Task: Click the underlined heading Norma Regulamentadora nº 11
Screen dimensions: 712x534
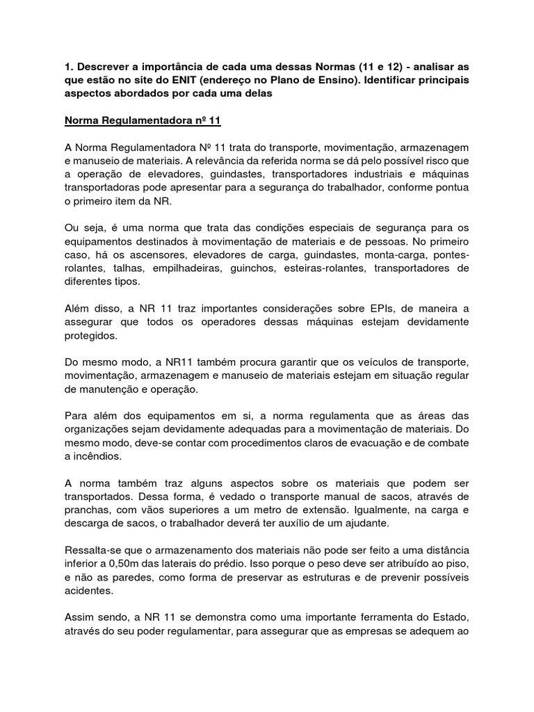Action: click(x=142, y=120)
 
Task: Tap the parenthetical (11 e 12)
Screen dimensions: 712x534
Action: click(x=385, y=67)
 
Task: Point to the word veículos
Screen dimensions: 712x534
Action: click(x=369, y=362)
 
